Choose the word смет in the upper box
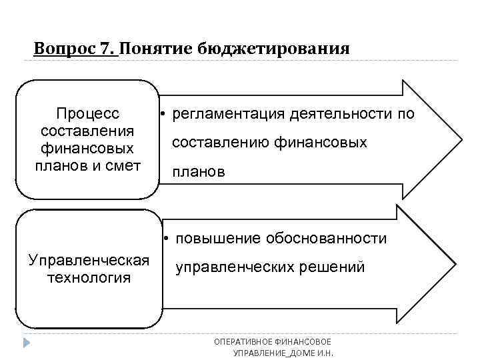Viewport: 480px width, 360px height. (x=124, y=165)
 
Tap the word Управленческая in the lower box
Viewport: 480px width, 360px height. (x=89, y=259)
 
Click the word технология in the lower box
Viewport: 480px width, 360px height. (x=89, y=277)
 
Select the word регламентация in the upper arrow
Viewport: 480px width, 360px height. (x=228, y=114)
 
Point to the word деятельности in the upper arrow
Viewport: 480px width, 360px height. (x=341, y=114)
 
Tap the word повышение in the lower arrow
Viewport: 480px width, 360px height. (x=213, y=239)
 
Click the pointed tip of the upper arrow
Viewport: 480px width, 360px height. (x=460, y=141)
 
